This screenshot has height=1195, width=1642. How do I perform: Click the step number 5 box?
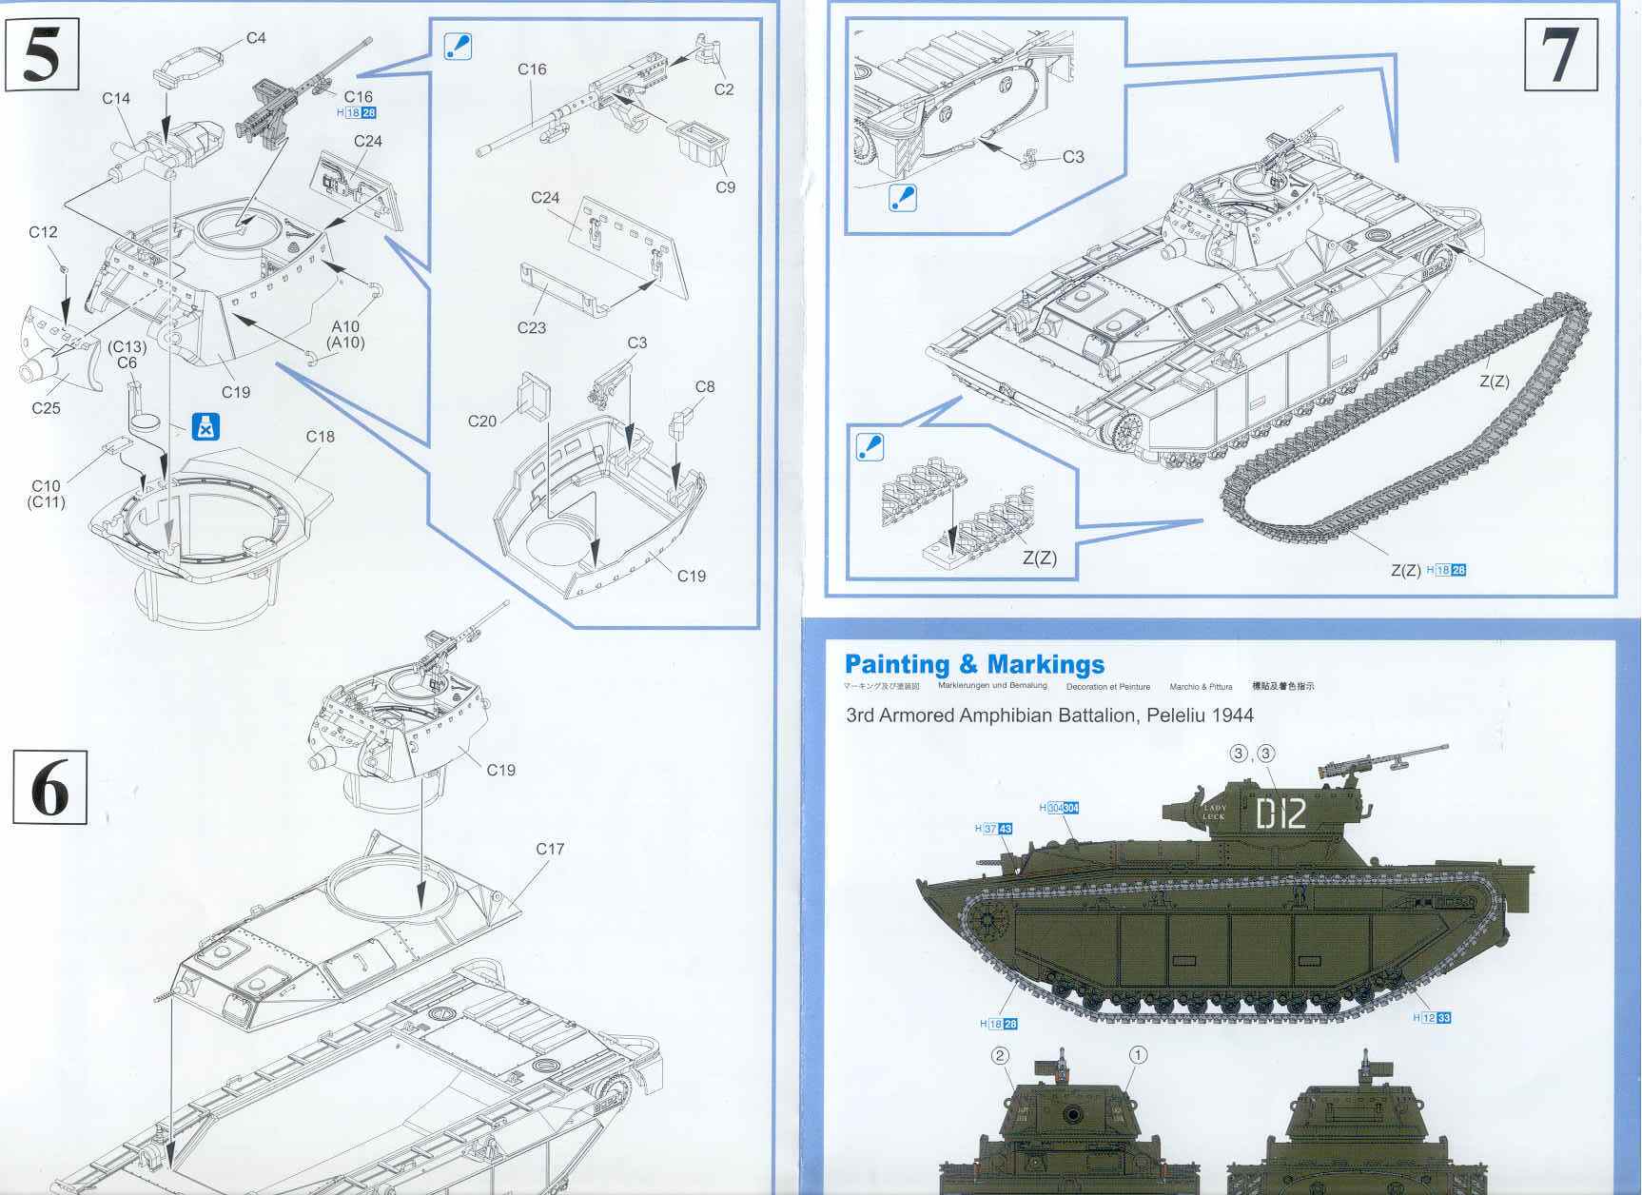tap(42, 55)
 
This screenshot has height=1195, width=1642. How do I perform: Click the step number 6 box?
tap(49, 786)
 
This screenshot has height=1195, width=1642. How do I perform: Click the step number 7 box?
tap(1561, 55)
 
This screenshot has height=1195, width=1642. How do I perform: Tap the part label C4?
tap(256, 38)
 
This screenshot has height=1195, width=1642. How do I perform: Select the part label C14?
tap(116, 98)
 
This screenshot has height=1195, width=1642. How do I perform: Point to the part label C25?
tap(46, 408)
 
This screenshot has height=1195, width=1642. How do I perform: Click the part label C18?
tap(321, 437)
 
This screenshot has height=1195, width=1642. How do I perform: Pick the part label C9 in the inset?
tap(725, 187)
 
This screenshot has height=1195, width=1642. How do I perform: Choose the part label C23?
tap(532, 327)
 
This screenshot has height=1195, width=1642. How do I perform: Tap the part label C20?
tap(482, 421)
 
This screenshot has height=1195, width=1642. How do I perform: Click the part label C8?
tap(704, 386)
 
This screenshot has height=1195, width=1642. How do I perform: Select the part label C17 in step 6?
tap(550, 849)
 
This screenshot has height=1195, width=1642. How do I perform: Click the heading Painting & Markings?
tap(974, 664)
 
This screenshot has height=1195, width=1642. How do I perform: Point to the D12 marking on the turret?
tap(1280, 814)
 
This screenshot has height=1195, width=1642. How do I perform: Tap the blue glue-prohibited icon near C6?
tap(206, 426)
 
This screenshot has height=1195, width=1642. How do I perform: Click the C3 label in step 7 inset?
tap(1073, 157)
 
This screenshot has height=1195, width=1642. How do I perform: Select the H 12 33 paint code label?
tap(1432, 1018)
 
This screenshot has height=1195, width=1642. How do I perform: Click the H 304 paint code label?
tap(1059, 808)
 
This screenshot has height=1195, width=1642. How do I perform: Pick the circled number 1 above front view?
tap(1138, 1054)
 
